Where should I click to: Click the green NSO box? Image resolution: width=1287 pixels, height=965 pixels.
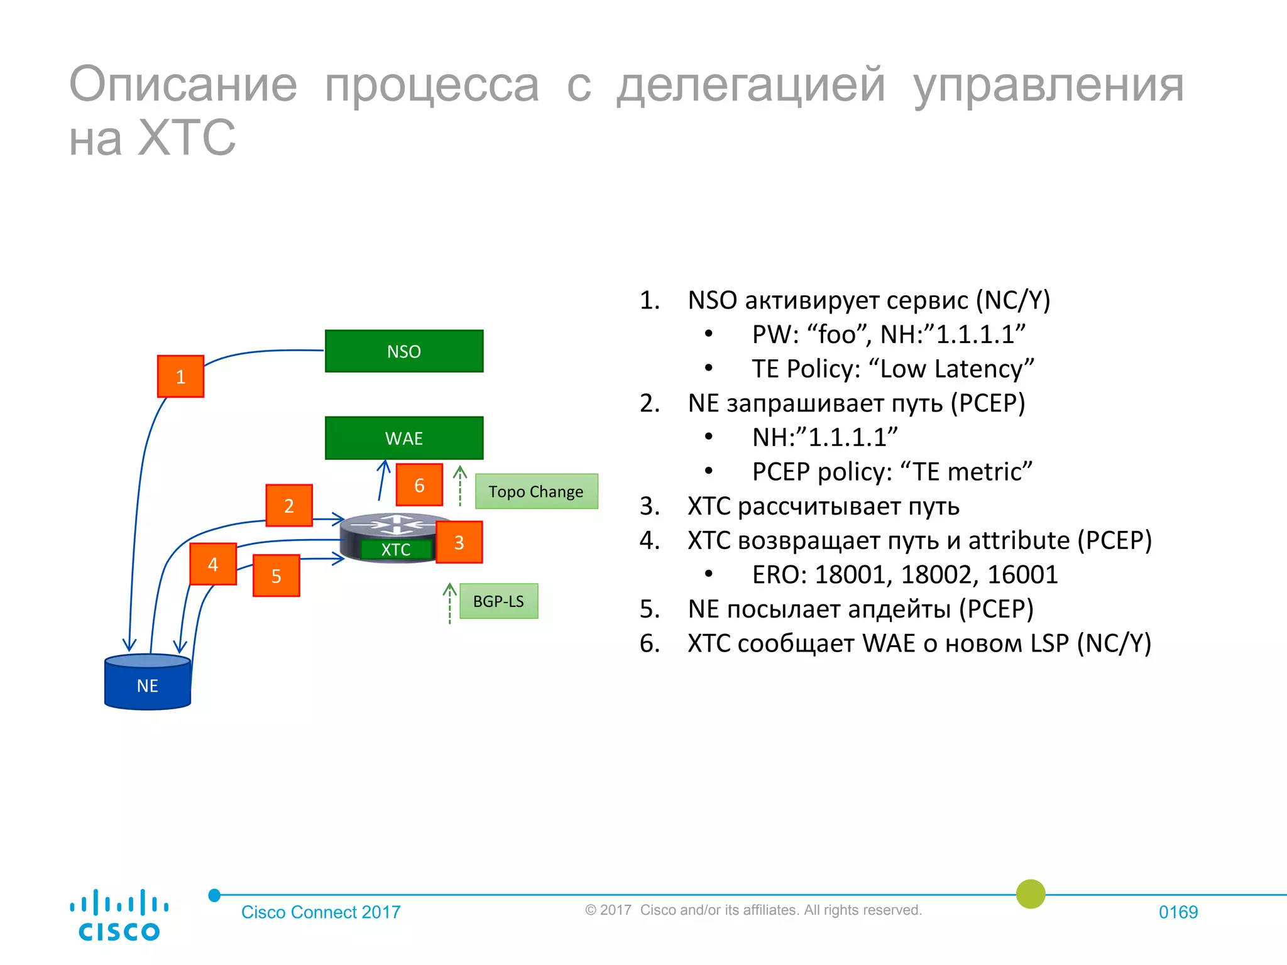click(403, 351)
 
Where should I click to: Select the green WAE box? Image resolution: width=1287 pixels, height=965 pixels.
click(403, 438)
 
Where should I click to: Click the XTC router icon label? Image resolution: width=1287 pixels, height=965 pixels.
click(396, 549)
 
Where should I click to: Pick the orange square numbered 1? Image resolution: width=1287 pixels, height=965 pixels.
click(180, 376)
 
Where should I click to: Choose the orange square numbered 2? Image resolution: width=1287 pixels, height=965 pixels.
click(288, 506)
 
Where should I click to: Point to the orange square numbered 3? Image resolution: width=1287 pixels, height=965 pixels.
click(459, 542)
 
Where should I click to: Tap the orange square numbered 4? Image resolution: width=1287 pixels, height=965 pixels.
click(213, 564)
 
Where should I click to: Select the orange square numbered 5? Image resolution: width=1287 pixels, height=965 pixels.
click(276, 575)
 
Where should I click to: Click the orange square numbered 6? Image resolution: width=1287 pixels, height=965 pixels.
click(419, 485)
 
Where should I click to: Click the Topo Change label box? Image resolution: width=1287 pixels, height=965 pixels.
click(536, 491)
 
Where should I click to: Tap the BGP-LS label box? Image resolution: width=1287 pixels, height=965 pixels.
click(498, 601)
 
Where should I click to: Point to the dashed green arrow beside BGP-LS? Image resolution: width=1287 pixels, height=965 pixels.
click(449, 603)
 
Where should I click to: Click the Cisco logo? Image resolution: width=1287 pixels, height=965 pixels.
click(119, 915)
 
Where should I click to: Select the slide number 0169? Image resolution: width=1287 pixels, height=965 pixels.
click(1178, 912)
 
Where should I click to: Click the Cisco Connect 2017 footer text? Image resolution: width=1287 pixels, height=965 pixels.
click(320, 912)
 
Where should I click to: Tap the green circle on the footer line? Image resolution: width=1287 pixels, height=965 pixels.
click(1031, 894)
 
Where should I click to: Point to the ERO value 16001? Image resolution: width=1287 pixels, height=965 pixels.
click(1022, 575)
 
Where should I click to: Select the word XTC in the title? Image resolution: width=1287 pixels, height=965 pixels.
click(186, 138)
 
